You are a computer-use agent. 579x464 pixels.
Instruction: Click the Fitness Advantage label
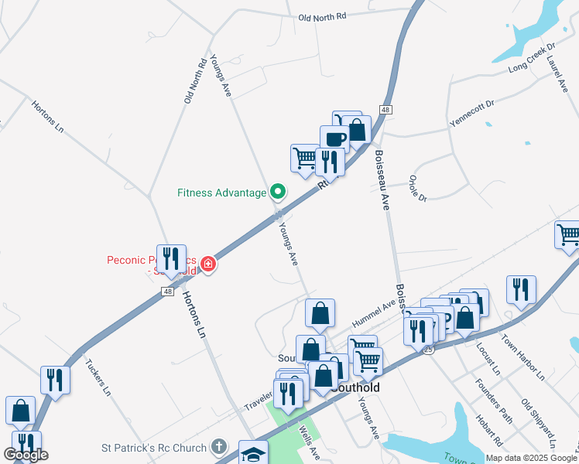pos(221,193)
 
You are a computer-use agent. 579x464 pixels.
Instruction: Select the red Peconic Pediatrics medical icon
pos(207,265)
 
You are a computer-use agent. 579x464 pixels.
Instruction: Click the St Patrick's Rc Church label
pos(154,448)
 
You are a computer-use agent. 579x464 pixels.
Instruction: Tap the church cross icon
pos(219,447)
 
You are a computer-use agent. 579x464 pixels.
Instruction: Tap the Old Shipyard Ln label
pos(539,423)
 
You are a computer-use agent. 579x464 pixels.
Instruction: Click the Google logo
pos(26,454)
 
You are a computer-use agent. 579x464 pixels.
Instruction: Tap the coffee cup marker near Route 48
pos(334,139)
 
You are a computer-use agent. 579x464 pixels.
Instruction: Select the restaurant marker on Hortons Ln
pos(171,258)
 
